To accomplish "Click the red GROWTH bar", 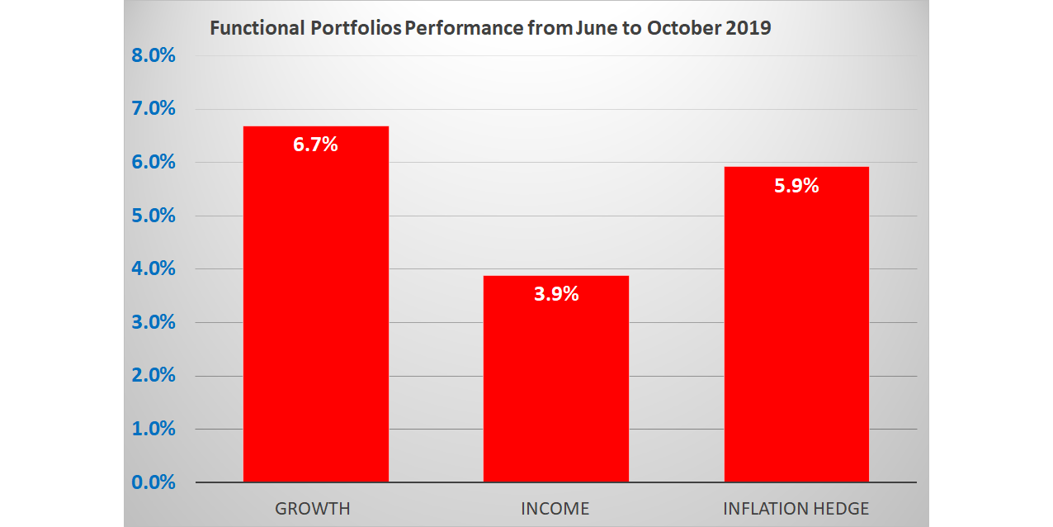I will click(x=315, y=314).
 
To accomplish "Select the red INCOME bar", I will click(x=555, y=388).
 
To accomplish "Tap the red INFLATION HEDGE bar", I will click(x=796, y=330).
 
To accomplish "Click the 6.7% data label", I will click(x=315, y=145).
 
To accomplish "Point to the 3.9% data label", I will click(x=555, y=293).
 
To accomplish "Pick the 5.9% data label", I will click(x=796, y=186).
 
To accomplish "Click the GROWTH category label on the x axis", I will click(x=313, y=509).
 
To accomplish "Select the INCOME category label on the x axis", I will click(x=555, y=509).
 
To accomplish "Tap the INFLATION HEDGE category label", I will click(x=796, y=509).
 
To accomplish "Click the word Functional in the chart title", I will click(x=257, y=28).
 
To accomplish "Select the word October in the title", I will click(x=679, y=28).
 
